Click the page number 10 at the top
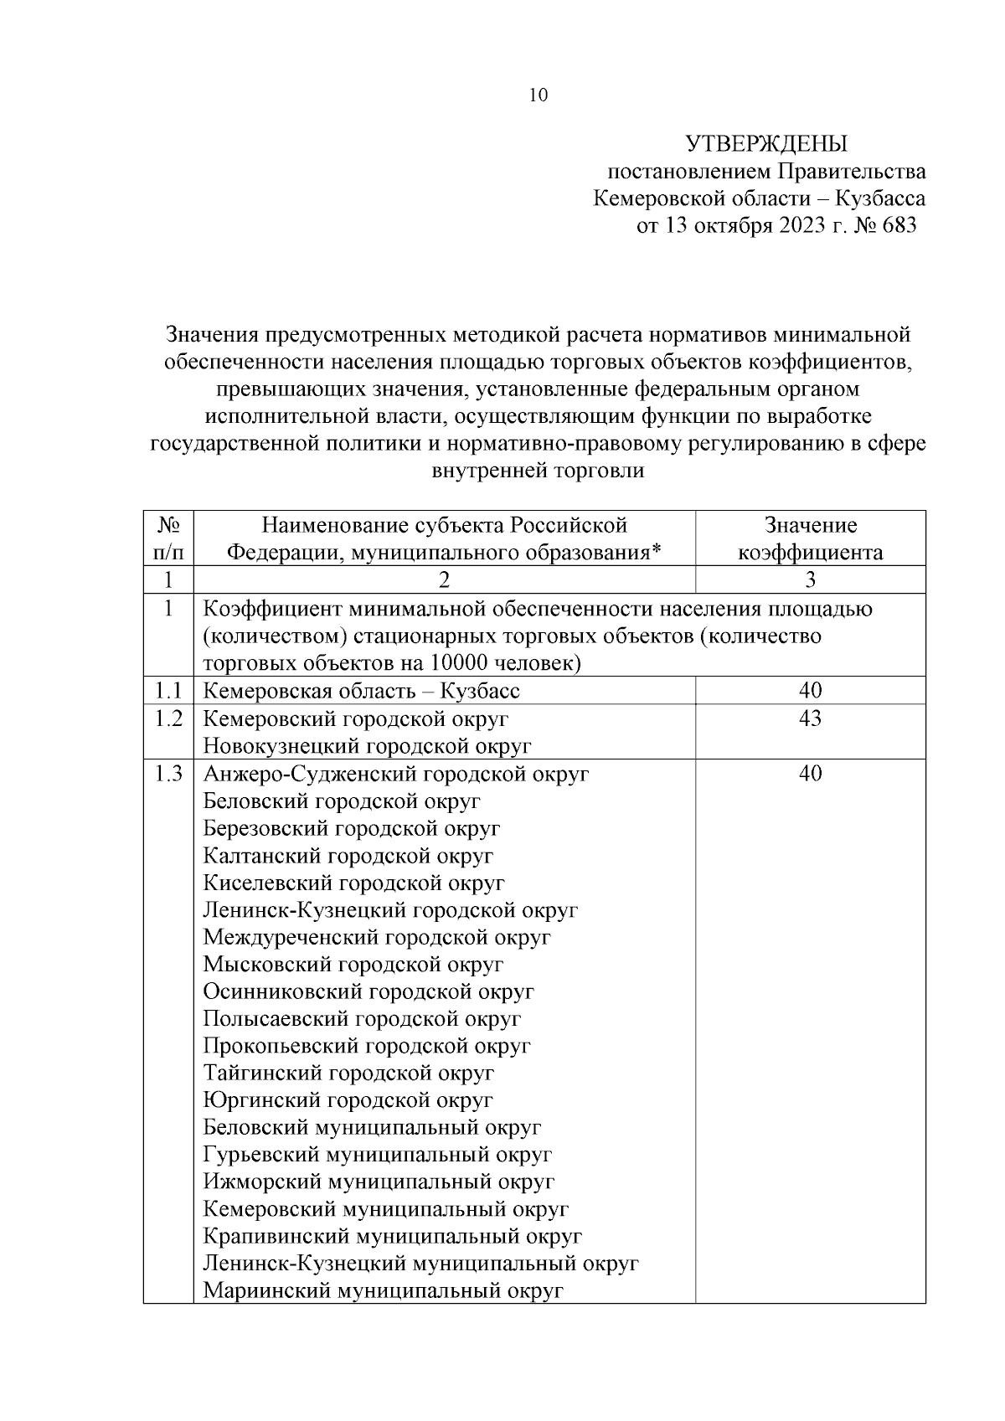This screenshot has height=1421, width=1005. [539, 95]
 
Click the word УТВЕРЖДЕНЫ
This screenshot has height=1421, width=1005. [766, 145]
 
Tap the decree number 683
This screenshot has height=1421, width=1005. [899, 226]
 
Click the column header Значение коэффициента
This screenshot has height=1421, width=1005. [810, 538]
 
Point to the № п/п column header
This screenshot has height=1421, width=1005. [168, 538]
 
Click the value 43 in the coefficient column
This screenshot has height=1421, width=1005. [810, 718]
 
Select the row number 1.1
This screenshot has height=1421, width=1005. [168, 691]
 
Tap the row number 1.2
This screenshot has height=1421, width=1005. [168, 718]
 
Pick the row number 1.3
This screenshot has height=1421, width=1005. [168, 774]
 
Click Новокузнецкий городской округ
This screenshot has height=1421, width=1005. [368, 746]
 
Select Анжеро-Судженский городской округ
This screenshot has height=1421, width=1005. [396, 774]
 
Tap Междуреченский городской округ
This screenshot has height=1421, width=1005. [377, 937]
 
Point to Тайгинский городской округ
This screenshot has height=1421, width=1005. [348, 1073]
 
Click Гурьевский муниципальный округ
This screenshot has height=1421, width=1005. [378, 1155]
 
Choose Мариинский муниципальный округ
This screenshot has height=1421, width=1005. [383, 1290]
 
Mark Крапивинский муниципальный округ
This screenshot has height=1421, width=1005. [393, 1236]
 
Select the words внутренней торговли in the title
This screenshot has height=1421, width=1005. [538, 471]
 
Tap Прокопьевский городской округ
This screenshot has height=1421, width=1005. [367, 1046]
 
